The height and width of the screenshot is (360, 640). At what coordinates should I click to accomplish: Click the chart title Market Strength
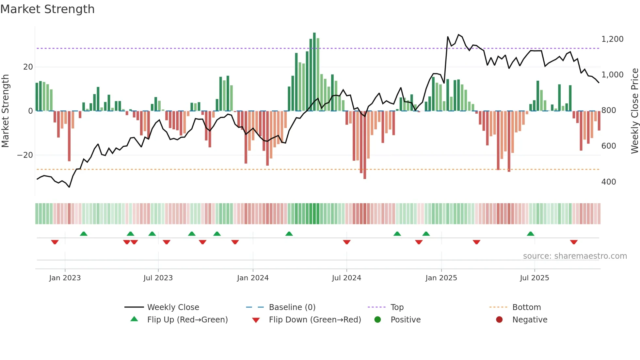tap(47, 9)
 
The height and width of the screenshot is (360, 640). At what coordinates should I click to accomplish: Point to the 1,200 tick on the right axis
tap(612, 39)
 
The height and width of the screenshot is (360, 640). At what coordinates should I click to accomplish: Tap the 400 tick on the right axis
tap(608, 182)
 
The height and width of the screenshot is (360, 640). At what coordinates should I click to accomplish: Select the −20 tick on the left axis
tap(25, 155)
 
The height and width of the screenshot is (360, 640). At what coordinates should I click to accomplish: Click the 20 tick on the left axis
tap(28, 67)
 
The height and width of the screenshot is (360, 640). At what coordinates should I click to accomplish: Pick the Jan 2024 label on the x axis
tap(253, 278)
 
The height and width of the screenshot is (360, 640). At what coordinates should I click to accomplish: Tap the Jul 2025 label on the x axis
tap(534, 278)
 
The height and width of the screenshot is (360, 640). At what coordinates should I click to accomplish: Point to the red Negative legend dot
tap(499, 320)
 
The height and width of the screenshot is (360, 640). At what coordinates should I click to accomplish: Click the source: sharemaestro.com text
tap(575, 256)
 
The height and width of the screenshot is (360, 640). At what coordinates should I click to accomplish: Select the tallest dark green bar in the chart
tap(314, 72)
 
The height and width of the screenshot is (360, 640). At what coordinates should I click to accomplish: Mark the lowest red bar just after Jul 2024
tap(365, 145)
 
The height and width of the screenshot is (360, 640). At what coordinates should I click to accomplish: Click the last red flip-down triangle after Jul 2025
tap(574, 242)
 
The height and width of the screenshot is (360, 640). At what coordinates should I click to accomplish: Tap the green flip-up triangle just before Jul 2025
tap(530, 234)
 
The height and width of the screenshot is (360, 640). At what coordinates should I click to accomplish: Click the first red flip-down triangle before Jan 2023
tap(55, 242)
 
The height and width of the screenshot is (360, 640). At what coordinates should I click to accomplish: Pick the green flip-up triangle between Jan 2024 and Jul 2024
tap(289, 234)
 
